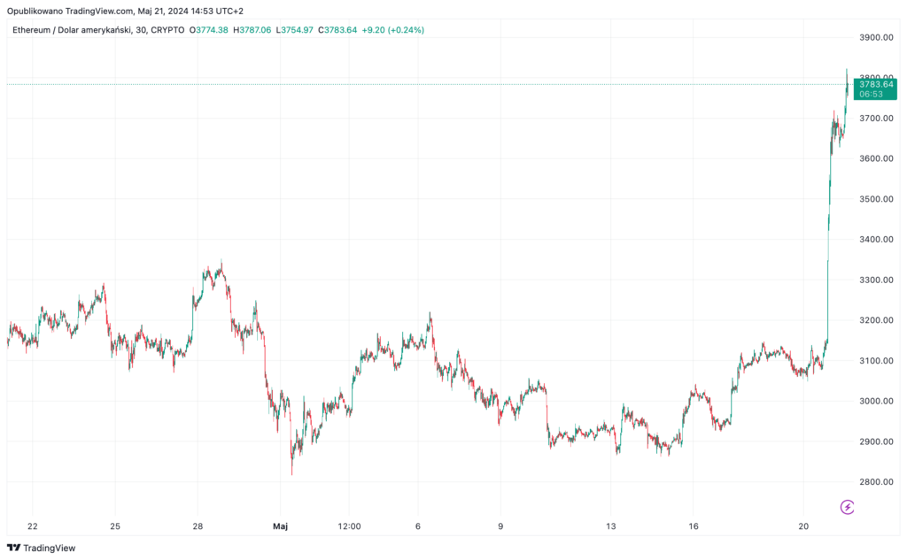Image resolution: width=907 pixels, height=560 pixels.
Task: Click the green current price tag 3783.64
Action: pyautogui.click(x=874, y=88)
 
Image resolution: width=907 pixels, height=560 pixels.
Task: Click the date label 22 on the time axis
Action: pyautogui.click(x=32, y=526)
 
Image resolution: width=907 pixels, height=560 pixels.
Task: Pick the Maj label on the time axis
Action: pyautogui.click(x=281, y=526)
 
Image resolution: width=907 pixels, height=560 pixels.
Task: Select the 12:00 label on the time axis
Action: pyautogui.click(x=350, y=526)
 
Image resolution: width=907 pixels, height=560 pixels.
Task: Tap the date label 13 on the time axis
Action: pyautogui.click(x=611, y=526)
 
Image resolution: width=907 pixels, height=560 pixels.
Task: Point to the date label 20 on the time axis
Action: pyautogui.click(x=803, y=526)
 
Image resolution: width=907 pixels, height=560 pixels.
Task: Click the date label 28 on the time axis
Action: pyautogui.click(x=198, y=526)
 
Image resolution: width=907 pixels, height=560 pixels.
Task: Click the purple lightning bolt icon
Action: pyautogui.click(x=847, y=506)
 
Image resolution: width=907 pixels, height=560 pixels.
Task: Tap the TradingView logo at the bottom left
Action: pyautogui.click(x=42, y=548)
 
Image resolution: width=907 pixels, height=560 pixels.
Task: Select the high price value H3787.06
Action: pyautogui.click(x=253, y=30)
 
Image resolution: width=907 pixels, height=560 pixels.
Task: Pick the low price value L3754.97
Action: pyautogui.click(x=296, y=30)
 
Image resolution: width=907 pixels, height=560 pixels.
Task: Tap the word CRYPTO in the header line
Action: pyautogui.click(x=167, y=30)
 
